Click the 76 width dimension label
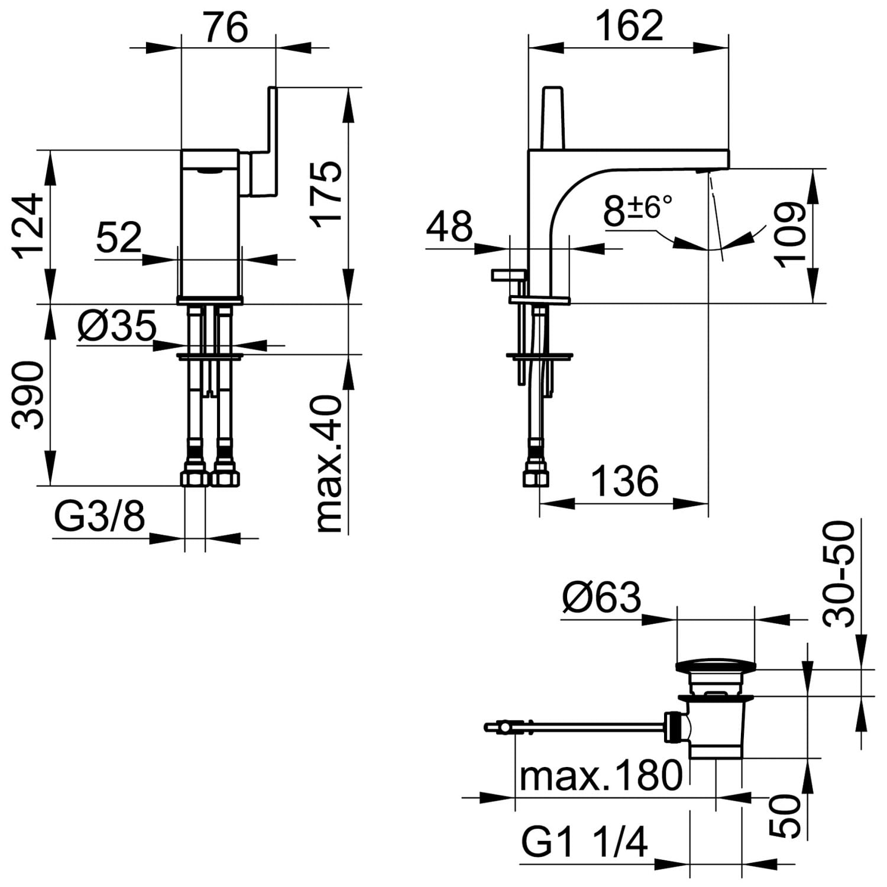point(227,27)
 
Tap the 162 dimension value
point(629,25)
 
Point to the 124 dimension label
point(30,226)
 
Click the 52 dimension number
point(119,237)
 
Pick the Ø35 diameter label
point(116,325)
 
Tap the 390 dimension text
point(28,395)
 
